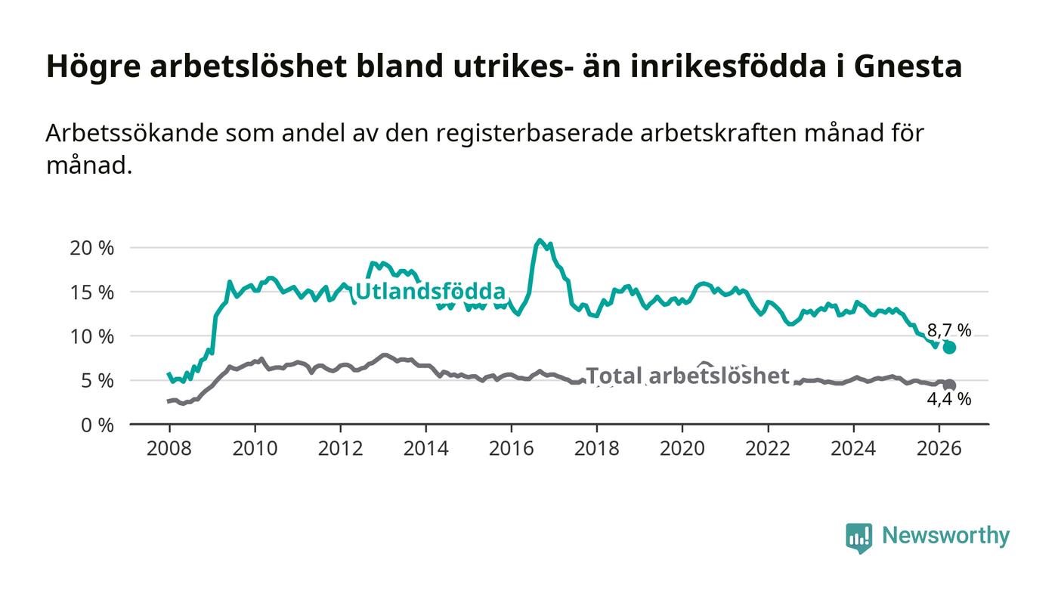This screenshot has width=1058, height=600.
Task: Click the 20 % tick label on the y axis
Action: (91, 248)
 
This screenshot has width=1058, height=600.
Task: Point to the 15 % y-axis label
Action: (91, 292)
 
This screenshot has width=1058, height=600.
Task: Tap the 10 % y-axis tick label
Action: (91, 337)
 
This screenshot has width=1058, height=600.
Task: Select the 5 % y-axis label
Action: (97, 381)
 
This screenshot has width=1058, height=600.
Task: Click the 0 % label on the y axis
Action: (97, 425)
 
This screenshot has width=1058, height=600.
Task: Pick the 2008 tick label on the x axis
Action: (169, 448)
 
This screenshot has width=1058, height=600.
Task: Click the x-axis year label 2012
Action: (340, 448)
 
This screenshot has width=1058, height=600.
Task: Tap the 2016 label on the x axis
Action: (511, 448)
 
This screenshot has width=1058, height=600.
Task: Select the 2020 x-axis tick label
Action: (682, 448)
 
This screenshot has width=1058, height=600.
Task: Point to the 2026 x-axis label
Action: (939, 448)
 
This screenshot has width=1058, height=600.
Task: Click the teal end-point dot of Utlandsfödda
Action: (949, 348)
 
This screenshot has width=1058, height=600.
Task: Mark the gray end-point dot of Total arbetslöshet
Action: (949, 385)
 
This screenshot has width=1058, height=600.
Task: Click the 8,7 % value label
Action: (949, 330)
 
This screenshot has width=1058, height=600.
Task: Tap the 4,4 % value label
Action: (949, 399)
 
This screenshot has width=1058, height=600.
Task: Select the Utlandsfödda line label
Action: (430, 292)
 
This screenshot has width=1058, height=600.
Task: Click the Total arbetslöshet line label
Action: (688, 376)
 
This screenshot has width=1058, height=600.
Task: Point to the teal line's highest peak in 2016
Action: (540, 240)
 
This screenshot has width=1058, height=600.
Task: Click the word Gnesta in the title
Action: (908, 66)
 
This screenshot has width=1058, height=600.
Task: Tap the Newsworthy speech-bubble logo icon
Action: (858, 538)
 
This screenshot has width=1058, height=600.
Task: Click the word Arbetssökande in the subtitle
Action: (132, 133)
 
